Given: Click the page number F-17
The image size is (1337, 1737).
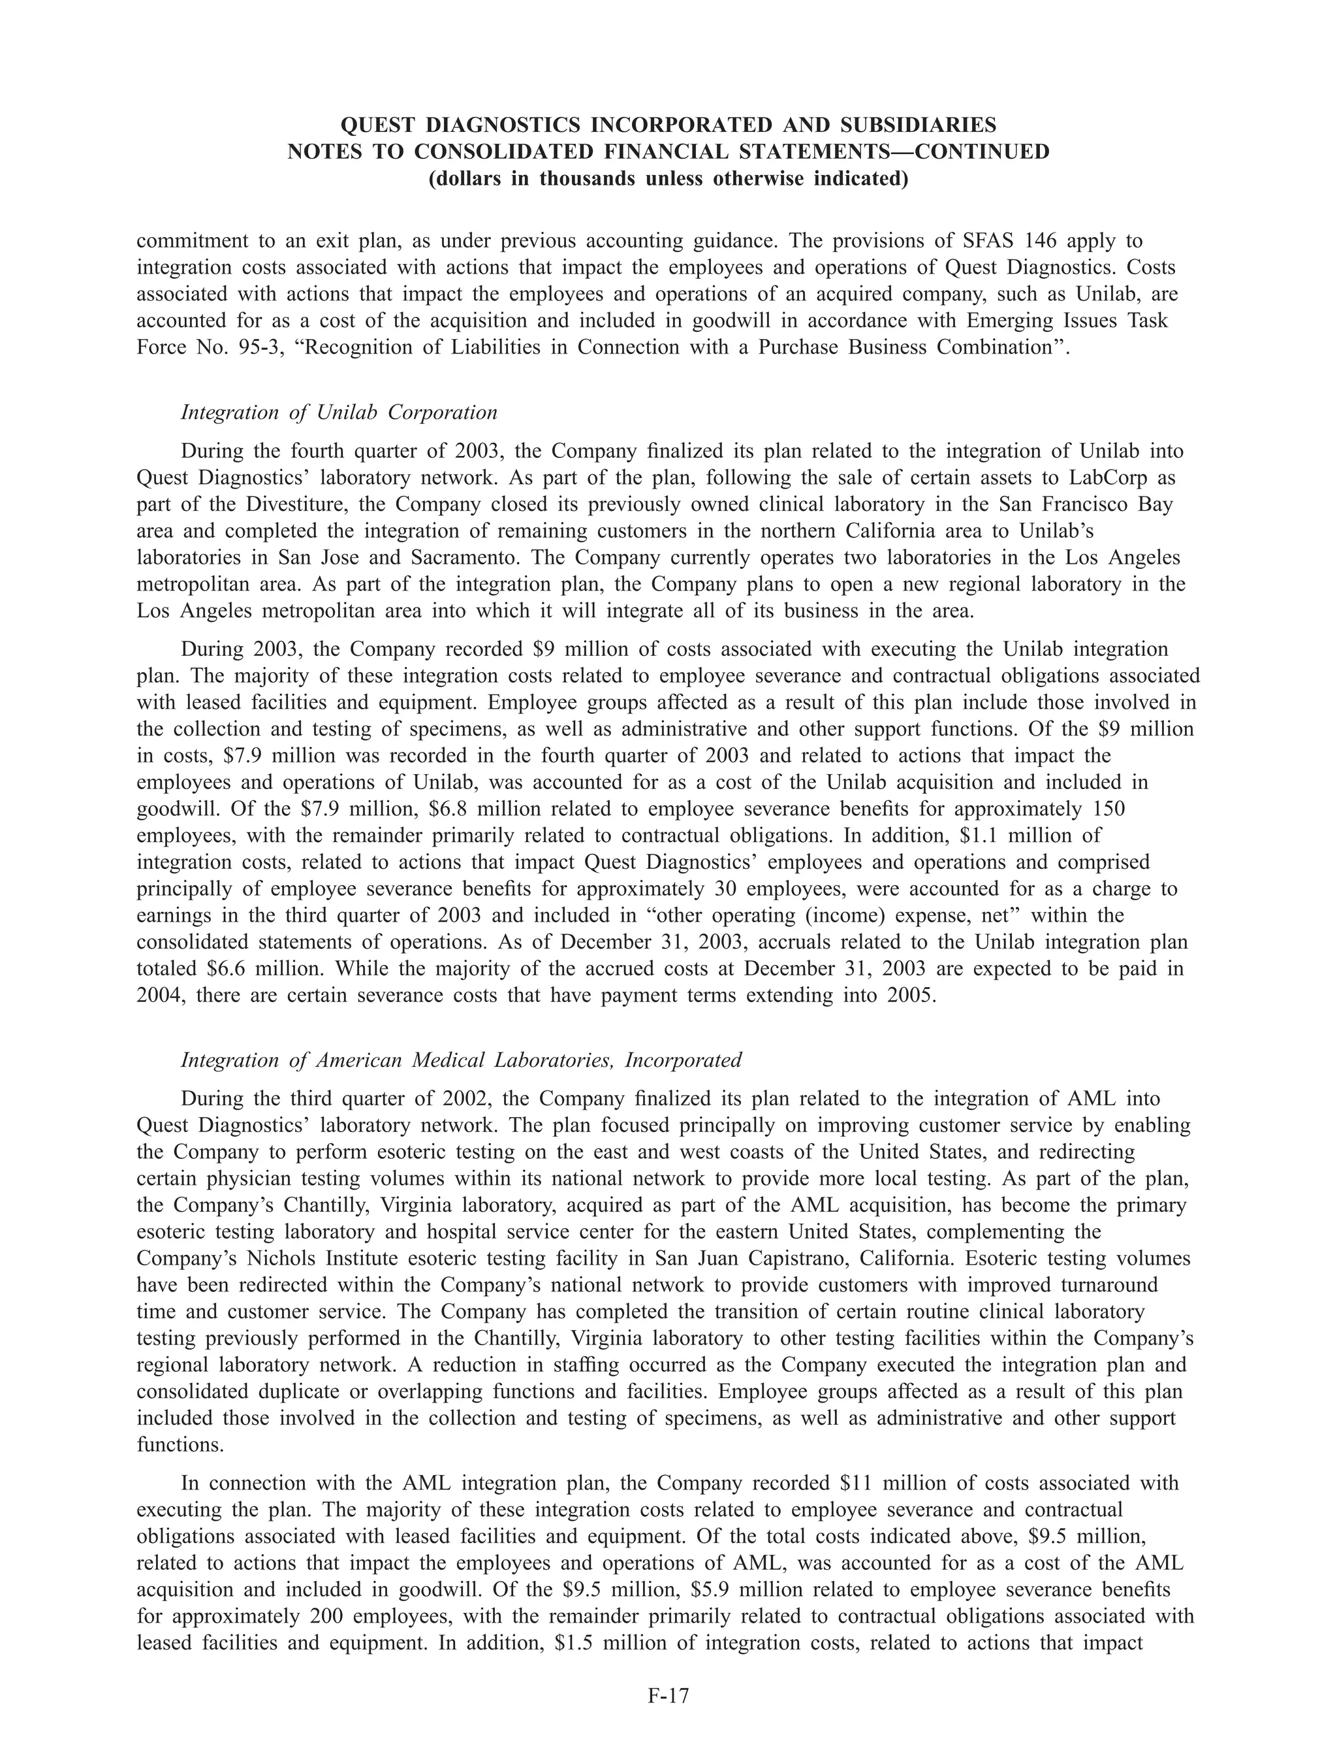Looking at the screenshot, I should [668, 1696].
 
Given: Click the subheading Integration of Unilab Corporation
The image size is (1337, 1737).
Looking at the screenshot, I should [339, 412].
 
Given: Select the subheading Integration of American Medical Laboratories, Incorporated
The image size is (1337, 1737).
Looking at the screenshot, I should [461, 1060].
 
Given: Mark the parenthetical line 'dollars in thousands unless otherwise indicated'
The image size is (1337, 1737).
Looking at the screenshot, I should [668, 178].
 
